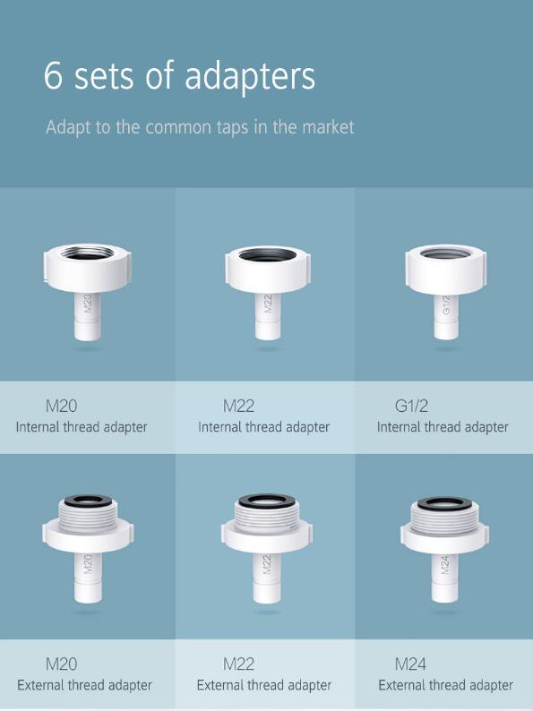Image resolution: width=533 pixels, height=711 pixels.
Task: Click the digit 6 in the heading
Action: pyautogui.click(x=54, y=76)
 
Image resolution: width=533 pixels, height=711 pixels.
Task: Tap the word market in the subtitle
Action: pyautogui.click(x=328, y=127)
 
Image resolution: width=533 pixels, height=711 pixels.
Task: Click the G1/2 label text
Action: pyautogui.click(x=411, y=406)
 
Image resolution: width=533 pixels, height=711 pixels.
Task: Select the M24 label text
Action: pyautogui.click(x=410, y=664)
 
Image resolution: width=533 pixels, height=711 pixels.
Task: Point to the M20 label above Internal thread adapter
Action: pyautogui.click(x=61, y=406)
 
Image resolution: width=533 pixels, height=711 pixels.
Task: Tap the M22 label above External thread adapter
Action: pyautogui.click(x=238, y=664)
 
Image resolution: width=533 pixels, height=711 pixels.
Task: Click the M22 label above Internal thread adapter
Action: pyautogui.click(x=238, y=406)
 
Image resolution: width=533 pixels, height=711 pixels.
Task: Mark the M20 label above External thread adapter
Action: pyautogui.click(x=61, y=664)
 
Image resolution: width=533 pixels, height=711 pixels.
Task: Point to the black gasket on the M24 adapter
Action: pyautogui.click(x=445, y=502)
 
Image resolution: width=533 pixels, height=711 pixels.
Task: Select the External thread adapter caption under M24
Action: pyautogui.click(x=445, y=686)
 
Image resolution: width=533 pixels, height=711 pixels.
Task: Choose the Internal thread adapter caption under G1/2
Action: pyautogui.click(x=443, y=427)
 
